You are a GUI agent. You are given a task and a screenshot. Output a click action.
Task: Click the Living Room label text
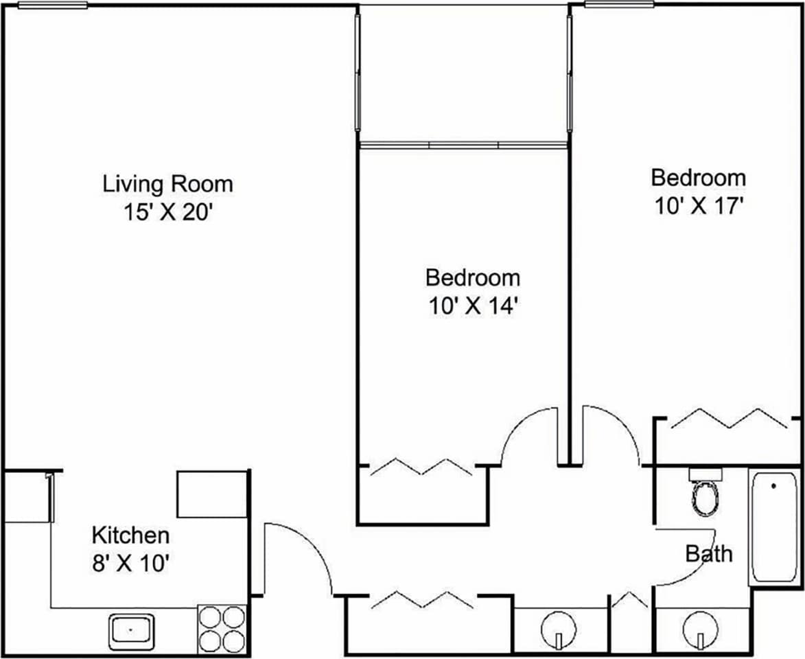point(167,184)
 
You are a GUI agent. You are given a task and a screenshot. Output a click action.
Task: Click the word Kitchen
point(130,535)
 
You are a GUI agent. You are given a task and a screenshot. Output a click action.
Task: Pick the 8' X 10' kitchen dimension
point(130,564)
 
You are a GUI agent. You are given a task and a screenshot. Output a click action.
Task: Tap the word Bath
point(709,553)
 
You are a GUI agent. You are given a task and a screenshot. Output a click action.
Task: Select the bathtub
point(774,527)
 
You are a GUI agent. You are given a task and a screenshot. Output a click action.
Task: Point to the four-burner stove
point(222,629)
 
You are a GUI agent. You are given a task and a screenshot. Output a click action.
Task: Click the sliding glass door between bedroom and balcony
point(463,145)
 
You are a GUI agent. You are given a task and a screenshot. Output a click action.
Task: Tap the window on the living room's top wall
point(53,5)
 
